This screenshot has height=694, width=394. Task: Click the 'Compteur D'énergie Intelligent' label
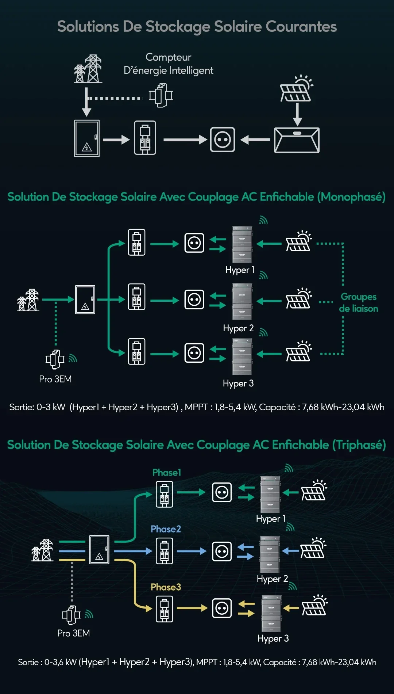[x=168, y=64]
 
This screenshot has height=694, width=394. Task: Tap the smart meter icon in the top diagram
[x=161, y=95]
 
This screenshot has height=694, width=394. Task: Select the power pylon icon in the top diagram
[x=88, y=69]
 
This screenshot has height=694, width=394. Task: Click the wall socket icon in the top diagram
[x=223, y=140]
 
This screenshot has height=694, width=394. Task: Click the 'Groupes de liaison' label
[x=359, y=302]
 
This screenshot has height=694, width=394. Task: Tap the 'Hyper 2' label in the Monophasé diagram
[x=238, y=328]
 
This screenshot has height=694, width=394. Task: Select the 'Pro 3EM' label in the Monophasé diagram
[x=55, y=379]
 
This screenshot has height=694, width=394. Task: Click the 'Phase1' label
[x=167, y=473]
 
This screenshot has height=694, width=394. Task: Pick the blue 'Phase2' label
[x=166, y=529]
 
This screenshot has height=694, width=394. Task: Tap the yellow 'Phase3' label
[x=166, y=587]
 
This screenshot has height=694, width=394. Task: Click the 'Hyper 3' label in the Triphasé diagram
[x=273, y=638]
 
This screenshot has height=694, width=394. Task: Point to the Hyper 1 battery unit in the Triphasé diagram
[x=270, y=495]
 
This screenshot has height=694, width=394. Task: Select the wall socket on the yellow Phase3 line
[x=222, y=608]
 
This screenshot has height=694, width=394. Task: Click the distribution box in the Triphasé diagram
[x=99, y=550]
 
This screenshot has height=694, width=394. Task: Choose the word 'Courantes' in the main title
[x=301, y=27]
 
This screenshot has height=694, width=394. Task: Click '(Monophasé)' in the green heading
[x=351, y=197]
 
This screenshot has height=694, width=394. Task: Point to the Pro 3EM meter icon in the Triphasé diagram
[x=71, y=615]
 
